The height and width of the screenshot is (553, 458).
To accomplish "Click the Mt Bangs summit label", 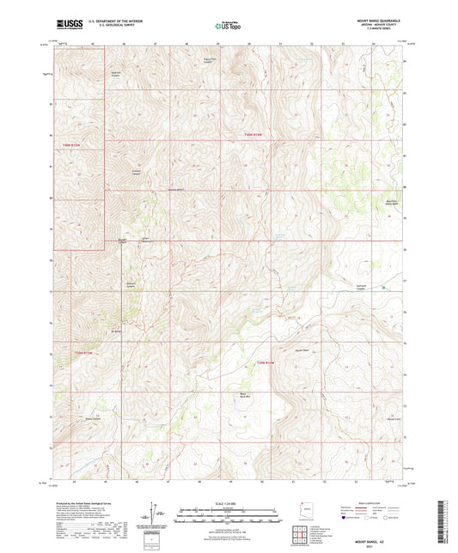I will [x=116, y=330].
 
